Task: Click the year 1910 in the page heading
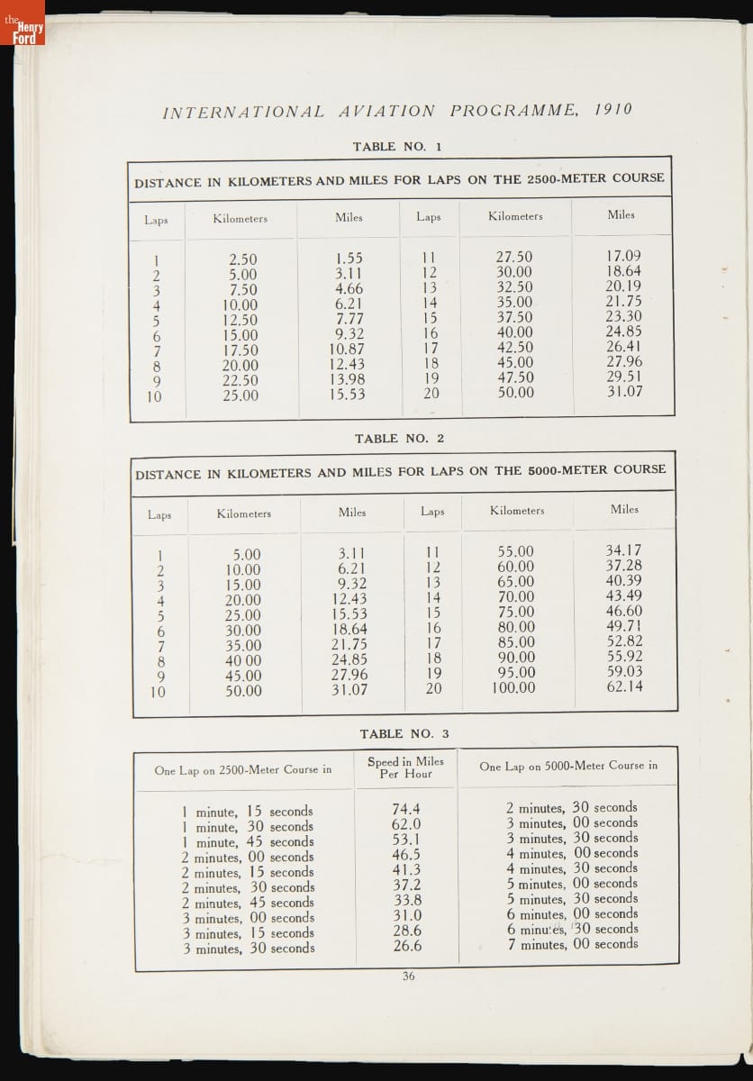[x=613, y=110]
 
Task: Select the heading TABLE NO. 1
[x=397, y=146]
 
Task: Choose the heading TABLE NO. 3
[x=404, y=733]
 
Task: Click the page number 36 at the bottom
[x=409, y=977]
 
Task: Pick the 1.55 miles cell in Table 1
[x=349, y=259]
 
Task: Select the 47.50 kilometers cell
[x=515, y=377]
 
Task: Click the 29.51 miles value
[x=623, y=377]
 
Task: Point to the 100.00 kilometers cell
[x=513, y=688]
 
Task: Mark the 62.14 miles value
[x=624, y=686]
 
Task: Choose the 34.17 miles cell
[x=624, y=550]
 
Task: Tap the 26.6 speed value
[x=406, y=946]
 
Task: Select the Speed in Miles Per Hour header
[x=405, y=768]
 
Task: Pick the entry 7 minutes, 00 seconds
[x=572, y=944]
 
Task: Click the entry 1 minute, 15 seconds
[x=248, y=811]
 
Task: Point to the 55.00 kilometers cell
[x=515, y=551]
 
